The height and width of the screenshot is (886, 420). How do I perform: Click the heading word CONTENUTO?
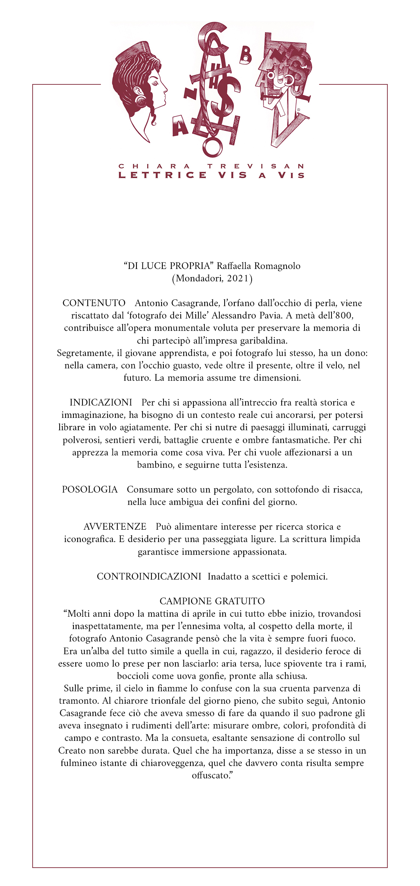[x=94, y=303]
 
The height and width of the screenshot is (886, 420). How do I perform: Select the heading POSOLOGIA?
[x=90, y=490]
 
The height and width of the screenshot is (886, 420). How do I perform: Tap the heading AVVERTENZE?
[x=115, y=527]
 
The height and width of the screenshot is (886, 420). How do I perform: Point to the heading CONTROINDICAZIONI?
[x=149, y=577]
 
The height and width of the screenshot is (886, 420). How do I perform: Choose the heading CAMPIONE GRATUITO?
[x=212, y=601]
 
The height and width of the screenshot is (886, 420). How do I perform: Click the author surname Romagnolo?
[x=277, y=266]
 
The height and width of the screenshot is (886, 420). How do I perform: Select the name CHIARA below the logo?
[x=154, y=166]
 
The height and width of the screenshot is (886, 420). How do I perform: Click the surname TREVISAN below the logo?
[x=256, y=166]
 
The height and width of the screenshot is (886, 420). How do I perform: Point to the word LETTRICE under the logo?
[x=162, y=175]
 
